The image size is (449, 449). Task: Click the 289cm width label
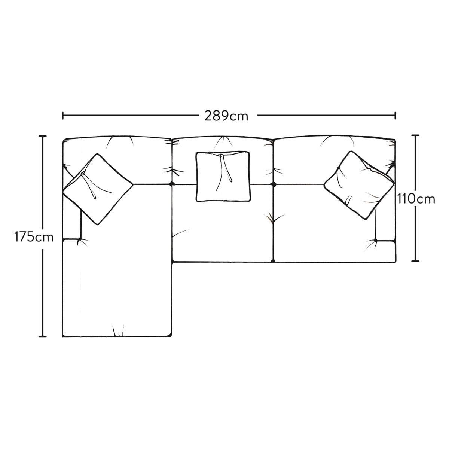click(x=226, y=116)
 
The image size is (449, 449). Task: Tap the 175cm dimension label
click(x=34, y=237)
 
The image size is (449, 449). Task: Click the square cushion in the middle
click(x=223, y=176)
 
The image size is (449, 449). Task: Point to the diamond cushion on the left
click(x=98, y=189)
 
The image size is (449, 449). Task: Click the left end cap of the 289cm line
click(x=63, y=116)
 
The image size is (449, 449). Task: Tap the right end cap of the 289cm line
click(x=395, y=116)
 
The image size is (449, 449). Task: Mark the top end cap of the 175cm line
click(x=42, y=136)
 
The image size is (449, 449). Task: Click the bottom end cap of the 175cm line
click(x=42, y=336)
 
